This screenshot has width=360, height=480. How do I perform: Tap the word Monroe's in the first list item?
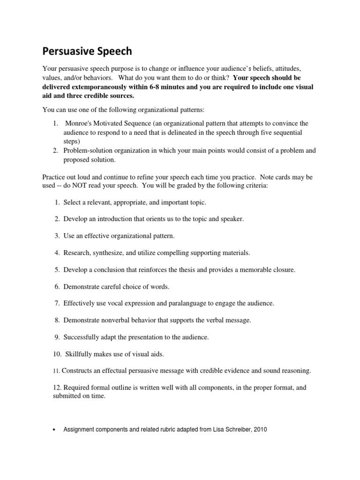(80, 123)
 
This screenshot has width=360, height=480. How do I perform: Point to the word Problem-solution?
(87, 150)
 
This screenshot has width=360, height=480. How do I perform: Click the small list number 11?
(56, 371)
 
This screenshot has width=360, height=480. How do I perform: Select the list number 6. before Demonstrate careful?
(57, 286)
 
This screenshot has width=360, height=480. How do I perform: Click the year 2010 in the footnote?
(259, 429)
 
